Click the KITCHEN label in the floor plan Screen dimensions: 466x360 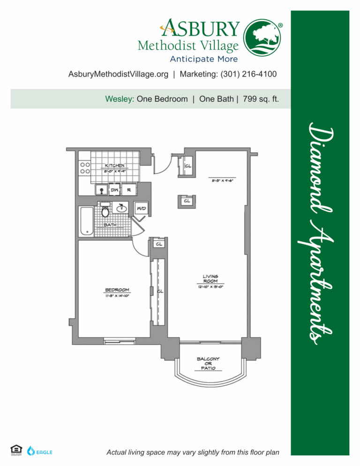(x=114, y=165)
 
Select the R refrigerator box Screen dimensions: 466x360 (x=128, y=189)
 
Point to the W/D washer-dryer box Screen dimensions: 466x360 (x=141, y=208)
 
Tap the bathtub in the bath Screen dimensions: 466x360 (x=87, y=221)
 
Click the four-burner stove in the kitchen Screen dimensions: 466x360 (x=85, y=168)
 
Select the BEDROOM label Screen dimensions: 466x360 (x=117, y=290)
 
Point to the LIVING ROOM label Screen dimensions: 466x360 (x=210, y=278)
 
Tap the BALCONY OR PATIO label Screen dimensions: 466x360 (x=208, y=364)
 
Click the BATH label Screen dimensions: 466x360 (x=110, y=225)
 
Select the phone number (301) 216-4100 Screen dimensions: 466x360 (x=249, y=74)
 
